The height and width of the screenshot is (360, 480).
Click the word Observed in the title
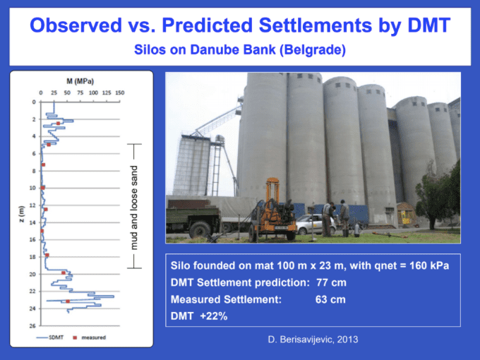76,25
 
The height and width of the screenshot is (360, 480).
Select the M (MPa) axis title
80,81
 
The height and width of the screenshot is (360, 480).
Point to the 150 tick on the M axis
120,92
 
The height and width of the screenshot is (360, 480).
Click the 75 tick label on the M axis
80,92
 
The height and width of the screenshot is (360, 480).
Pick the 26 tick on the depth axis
32,326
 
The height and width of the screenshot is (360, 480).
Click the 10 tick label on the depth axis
32,188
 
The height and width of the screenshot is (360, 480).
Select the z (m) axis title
21,215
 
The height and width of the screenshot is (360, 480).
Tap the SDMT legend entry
50,337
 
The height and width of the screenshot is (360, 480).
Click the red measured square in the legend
75,337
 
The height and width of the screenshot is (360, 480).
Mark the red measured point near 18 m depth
47,255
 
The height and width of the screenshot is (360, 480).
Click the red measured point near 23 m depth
68,301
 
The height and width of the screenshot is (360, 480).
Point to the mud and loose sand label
134,208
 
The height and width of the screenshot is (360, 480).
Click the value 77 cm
331,282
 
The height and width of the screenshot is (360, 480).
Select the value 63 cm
330,299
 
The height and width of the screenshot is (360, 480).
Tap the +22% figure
214,316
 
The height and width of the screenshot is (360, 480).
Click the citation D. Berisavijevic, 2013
313,340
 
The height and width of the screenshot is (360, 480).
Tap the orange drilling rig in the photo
272,211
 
